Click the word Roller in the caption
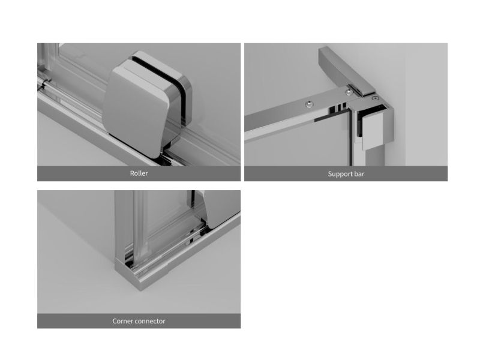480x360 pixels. point(139,173)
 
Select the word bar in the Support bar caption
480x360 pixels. point(359,174)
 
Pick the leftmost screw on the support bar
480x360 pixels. point(310,104)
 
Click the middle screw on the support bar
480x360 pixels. point(348,92)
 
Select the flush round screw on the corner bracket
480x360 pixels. point(375,98)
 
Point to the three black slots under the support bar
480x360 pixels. point(338,108)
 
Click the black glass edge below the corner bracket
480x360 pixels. point(350,138)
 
